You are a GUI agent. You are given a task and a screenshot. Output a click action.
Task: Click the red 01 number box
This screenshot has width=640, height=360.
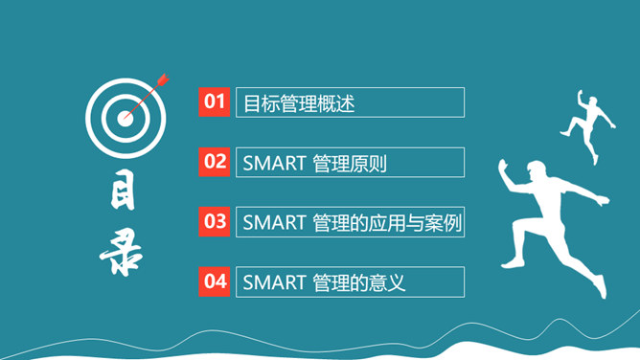(215, 102)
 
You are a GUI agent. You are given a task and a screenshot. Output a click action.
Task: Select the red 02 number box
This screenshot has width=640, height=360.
(215, 162)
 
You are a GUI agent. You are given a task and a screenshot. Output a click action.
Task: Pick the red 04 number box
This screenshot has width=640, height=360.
(215, 281)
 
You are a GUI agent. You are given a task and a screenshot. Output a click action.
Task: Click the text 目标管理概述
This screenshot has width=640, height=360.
(299, 103)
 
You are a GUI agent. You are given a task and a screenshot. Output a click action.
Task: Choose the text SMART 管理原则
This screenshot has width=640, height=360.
(314, 163)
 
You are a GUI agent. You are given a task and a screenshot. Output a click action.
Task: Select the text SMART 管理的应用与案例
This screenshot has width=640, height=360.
(352, 223)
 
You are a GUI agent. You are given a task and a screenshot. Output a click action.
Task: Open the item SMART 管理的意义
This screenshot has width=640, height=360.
(325, 282)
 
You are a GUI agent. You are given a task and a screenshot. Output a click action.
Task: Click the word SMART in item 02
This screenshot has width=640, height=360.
(274, 163)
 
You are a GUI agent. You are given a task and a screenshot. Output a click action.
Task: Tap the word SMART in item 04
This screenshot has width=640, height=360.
(274, 282)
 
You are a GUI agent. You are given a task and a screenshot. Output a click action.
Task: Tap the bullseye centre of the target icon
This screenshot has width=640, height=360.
(126, 119)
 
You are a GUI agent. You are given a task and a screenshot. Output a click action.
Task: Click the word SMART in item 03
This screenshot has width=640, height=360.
(274, 223)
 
